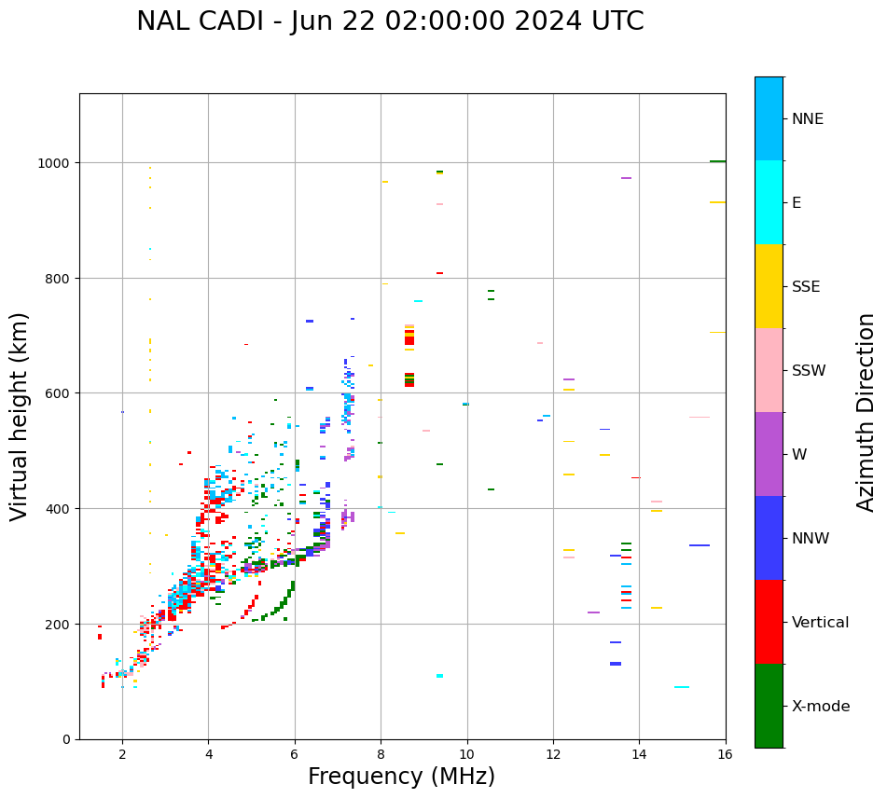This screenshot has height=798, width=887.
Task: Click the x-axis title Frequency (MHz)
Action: point(401,777)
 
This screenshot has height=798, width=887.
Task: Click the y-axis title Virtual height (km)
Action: point(20,416)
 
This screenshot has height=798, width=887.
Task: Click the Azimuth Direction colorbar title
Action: point(866,412)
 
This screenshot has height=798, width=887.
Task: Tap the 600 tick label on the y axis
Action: point(59,393)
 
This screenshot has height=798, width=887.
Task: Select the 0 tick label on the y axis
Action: point(66,739)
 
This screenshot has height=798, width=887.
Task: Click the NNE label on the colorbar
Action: point(808,118)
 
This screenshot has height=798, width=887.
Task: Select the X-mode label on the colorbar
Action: point(821,707)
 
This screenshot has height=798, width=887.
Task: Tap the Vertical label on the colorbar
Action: point(821,623)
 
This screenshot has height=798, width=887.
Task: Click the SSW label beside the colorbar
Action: point(809,370)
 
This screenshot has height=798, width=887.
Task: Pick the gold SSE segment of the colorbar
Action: point(769,286)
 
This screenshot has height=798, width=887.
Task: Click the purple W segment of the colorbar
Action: point(769,454)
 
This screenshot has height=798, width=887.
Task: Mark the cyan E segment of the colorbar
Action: point(769,202)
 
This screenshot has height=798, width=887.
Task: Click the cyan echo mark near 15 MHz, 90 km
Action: point(682,687)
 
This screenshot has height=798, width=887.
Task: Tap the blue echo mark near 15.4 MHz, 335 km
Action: point(700,545)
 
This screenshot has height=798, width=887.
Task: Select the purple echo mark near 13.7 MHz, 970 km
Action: point(626,178)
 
